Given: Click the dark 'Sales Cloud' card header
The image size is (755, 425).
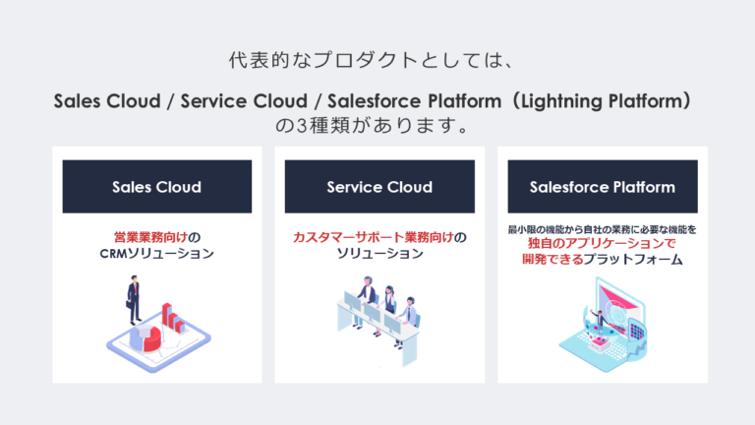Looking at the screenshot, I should (x=156, y=187).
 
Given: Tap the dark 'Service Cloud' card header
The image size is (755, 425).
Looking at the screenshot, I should (x=379, y=187).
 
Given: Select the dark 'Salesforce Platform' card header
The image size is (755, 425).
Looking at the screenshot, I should (x=602, y=187).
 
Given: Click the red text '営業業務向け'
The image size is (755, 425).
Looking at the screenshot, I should (x=144, y=237).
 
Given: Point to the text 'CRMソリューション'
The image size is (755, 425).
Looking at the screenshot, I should (x=156, y=254).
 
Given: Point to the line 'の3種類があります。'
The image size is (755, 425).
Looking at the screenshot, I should (x=377, y=126).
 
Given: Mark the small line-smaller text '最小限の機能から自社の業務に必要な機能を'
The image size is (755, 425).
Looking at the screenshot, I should (x=602, y=229).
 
